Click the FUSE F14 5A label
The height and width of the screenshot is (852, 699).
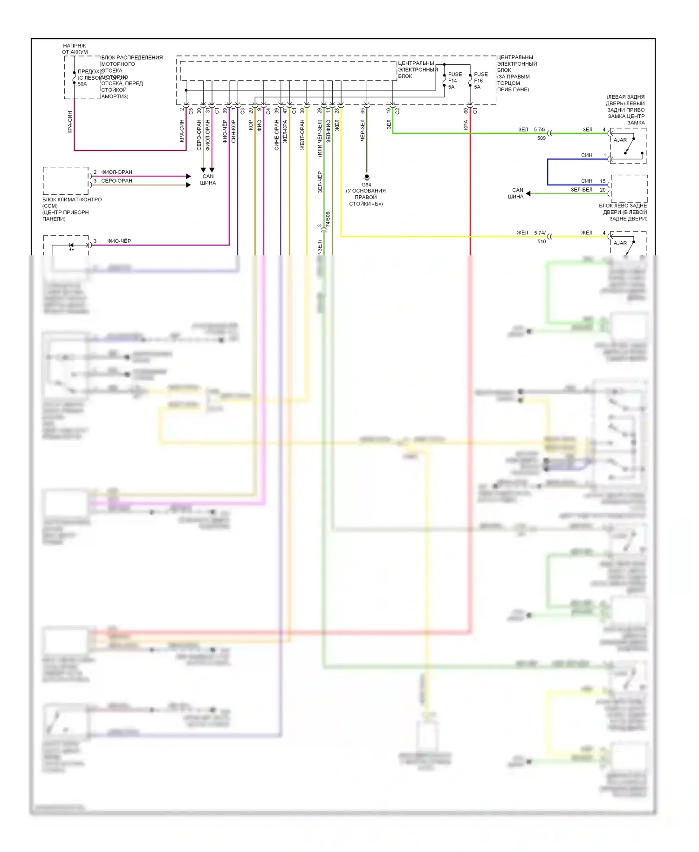coord(454,81)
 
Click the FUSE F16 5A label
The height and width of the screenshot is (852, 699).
coord(480,81)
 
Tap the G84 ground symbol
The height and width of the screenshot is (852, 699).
coord(367,177)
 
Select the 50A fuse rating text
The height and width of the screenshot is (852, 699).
coord(82,84)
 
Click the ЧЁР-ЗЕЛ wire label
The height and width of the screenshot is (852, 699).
coord(363,131)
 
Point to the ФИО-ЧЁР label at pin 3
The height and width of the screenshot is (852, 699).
coord(119,241)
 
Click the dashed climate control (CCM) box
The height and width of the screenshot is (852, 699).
coord(66,181)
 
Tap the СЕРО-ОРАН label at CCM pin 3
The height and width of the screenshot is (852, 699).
coord(116,181)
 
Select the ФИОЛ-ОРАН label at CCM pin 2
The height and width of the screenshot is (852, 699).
coord(116,172)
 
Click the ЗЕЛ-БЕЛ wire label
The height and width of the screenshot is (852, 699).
coord(581,190)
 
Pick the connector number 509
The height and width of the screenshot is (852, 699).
coord(541,138)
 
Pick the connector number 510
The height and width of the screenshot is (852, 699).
coord(541,241)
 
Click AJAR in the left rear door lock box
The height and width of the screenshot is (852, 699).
coord(620,140)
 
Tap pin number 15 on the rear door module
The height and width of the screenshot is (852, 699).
coord(603,181)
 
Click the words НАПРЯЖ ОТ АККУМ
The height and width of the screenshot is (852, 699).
coord(75,49)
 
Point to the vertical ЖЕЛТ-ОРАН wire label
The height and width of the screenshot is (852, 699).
coord(302,135)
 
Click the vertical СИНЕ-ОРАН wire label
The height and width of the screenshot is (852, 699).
coord(276,135)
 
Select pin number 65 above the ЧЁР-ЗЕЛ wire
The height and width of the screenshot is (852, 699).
coord(363,111)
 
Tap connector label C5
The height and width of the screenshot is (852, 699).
coord(191,111)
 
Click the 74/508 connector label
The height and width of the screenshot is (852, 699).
coord(328,219)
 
